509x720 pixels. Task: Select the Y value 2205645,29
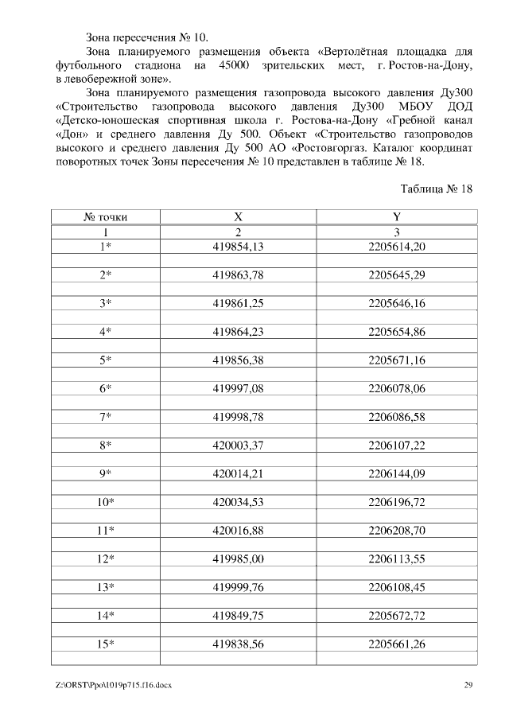397,275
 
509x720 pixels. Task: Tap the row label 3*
105,303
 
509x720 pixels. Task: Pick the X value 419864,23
238,332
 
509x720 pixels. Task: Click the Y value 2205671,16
397,360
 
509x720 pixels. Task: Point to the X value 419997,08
238,388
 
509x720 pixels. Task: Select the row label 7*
105,417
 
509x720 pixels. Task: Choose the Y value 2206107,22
397,446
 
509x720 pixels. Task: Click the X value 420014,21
238,473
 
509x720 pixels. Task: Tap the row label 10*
105,502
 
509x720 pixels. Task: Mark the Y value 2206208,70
397,530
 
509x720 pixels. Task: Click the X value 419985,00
238,558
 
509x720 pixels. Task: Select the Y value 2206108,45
397,587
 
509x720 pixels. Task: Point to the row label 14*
105,615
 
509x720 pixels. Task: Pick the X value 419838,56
238,644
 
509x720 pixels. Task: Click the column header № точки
105,216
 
